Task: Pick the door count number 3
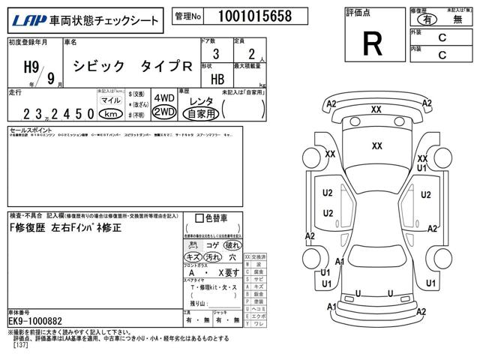pyautogui.click(x=216, y=53)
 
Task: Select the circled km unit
pyautogui.click(x=110, y=114)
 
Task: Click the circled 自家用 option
pyautogui.click(x=202, y=114)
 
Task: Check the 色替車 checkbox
pyautogui.click(x=199, y=218)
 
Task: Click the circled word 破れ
pyautogui.click(x=233, y=245)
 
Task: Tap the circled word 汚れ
pyautogui.click(x=212, y=257)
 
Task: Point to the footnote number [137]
pyautogui.click(x=20, y=346)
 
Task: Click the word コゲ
pyautogui.click(x=212, y=245)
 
